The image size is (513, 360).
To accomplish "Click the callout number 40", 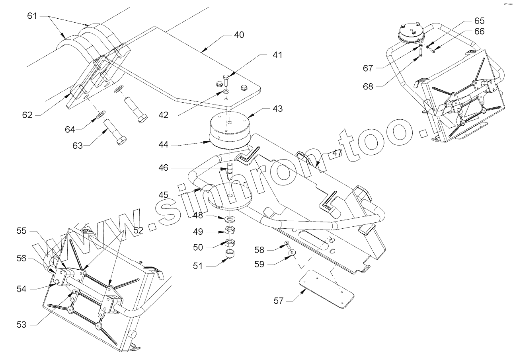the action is [x=239, y=35].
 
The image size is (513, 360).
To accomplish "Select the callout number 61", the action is [x=32, y=16].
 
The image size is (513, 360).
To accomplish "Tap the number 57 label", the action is [x=279, y=301].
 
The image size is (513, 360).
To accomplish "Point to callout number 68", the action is [x=368, y=86].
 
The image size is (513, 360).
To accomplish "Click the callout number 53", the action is [x=21, y=325].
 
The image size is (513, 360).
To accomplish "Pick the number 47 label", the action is [x=337, y=153].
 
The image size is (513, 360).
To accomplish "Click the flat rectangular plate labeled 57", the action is [x=326, y=289].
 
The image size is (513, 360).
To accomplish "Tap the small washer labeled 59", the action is [x=293, y=253].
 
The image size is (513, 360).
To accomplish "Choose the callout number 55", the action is [x=21, y=231].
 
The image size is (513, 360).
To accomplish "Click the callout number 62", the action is [x=27, y=115].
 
